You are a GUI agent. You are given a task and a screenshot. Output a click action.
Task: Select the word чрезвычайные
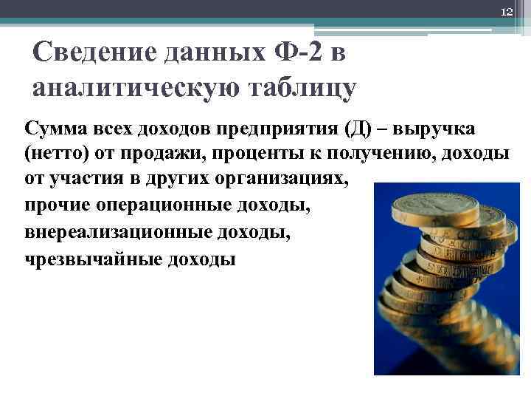(x=82, y=259)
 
